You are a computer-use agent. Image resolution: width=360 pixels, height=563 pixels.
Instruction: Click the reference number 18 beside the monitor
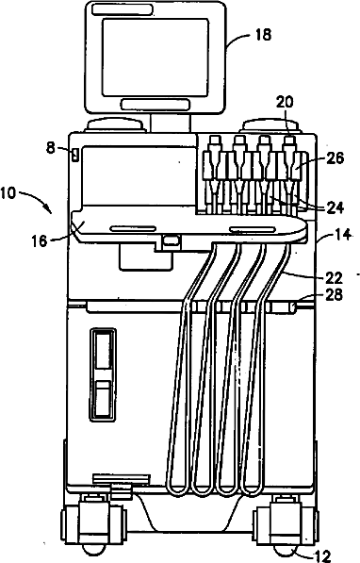(263, 35)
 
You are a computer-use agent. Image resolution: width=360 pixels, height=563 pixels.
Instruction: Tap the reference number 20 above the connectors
(285, 103)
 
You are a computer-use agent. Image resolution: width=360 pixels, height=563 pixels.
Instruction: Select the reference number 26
(335, 158)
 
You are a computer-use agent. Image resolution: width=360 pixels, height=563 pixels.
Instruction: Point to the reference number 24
(335, 207)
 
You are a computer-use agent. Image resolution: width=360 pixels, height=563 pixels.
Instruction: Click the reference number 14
(343, 235)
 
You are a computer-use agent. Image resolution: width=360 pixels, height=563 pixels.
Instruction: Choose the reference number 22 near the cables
(334, 277)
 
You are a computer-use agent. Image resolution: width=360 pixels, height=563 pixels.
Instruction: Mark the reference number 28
(334, 295)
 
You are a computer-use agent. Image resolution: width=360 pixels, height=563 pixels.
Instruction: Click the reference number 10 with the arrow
(8, 193)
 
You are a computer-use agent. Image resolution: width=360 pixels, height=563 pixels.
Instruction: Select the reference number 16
(40, 240)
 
